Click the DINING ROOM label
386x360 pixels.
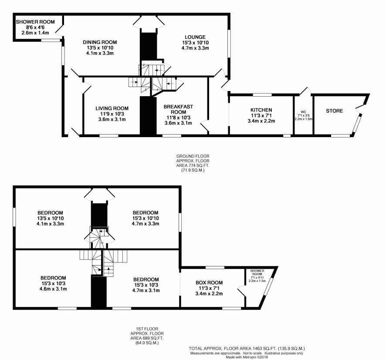100,42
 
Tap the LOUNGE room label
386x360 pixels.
195,37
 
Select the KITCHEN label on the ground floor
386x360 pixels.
261,110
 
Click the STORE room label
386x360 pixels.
334,111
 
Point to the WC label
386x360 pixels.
304,112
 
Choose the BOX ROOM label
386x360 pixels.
209,283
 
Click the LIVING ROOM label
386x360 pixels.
112,108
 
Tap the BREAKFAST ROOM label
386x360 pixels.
178,109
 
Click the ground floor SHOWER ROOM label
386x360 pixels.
35,22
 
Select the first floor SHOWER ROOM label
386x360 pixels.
257,273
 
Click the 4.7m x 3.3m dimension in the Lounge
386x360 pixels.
195,48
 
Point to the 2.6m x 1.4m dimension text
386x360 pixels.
35,33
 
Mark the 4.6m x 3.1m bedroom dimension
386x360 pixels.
53,289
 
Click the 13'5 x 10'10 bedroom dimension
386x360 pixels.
50,219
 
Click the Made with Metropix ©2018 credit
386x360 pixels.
247,357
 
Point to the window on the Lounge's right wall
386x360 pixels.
229,44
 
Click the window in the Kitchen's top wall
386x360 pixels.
262,94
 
